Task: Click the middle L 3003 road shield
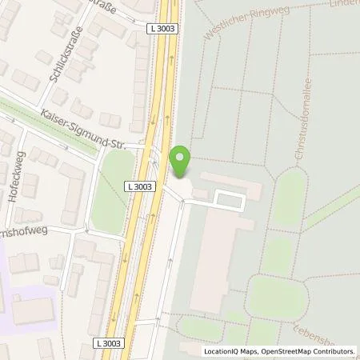click(138, 186)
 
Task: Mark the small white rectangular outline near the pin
click(230, 198)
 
